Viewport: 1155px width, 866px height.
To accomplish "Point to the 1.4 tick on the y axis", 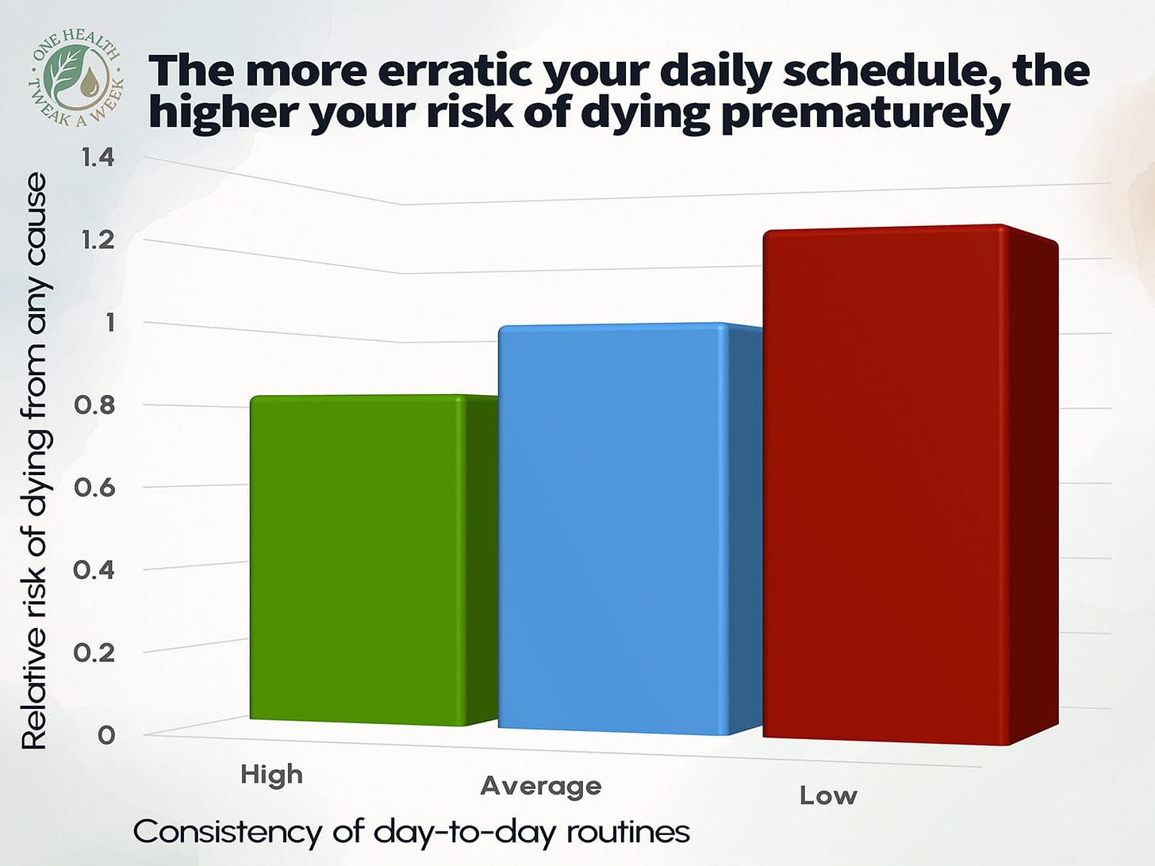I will pyautogui.click(x=98, y=158).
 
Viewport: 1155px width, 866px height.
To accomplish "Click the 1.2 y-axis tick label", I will pyautogui.click(x=98, y=239).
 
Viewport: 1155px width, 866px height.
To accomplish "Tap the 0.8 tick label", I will pyautogui.click(x=95, y=405).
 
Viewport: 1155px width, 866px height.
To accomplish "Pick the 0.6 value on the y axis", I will pyautogui.click(x=95, y=488).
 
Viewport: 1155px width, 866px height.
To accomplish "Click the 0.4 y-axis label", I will pyautogui.click(x=95, y=570).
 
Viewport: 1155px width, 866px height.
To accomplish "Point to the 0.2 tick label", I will pyautogui.click(x=95, y=653).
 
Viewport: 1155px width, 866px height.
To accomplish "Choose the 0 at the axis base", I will pyautogui.click(x=106, y=735).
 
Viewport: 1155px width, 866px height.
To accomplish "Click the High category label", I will pyautogui.click(x=272, y=773).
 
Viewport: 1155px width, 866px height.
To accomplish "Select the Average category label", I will pyautogui.click(x=541, y=786).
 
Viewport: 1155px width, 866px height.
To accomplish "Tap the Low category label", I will pyautogui.click(x=828, y=795).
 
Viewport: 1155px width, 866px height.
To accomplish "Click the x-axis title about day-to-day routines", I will pyautogui.click(x=411, y=832).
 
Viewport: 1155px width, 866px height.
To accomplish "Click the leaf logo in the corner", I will pyautogui.click(x=78, y=76).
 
